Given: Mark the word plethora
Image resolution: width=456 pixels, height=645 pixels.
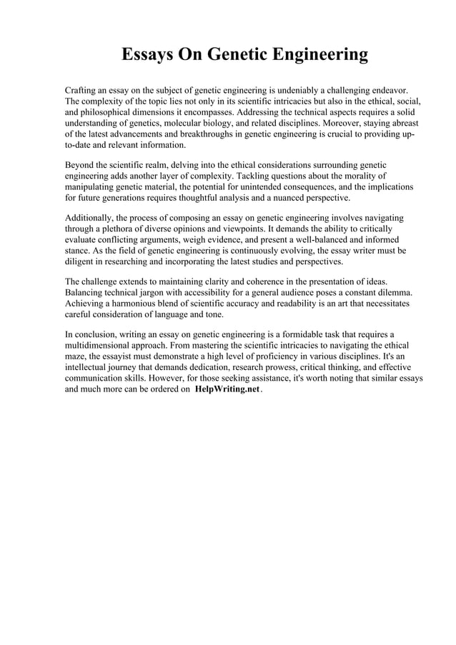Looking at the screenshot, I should (x=120, y=228).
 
